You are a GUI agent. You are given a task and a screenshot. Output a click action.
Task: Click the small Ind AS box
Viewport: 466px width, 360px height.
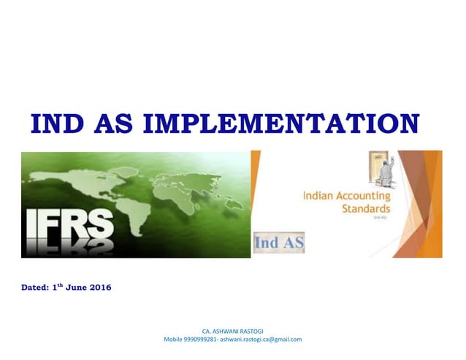(x=279, y=242)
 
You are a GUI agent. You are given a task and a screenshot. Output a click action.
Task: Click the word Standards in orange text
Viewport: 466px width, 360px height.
(x=366, y=207)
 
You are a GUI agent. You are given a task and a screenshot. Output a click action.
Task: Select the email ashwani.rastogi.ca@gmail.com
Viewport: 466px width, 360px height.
(x=261, y=339)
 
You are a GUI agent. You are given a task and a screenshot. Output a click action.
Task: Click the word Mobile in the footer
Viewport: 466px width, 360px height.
(x=172, y=339)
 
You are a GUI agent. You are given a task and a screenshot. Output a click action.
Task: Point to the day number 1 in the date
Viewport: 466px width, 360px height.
(x=56, y=288)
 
